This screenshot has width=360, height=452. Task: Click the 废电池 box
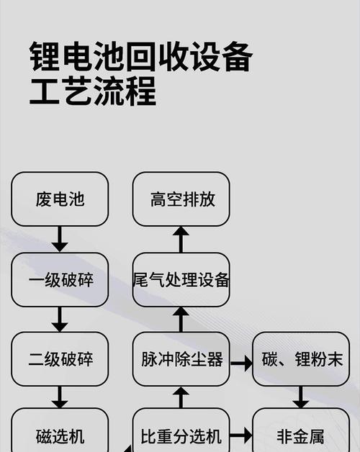coord(60,199)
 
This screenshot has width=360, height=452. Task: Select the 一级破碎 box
coord(60,279)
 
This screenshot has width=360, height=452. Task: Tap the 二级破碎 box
coord(60,359)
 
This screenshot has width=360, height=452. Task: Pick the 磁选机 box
coord(60,430)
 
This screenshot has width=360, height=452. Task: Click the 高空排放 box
coord(181,199)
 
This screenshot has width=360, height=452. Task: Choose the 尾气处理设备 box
coord(181,279)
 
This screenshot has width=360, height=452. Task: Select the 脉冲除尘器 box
coord(181,359)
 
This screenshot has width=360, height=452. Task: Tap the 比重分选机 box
coord(181,430)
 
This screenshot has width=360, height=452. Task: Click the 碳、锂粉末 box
coord(301,359)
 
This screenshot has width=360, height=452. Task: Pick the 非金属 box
coord(301,430)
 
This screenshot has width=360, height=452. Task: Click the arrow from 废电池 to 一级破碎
coord(60,239)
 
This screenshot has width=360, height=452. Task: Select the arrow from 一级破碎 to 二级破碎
coord(60,320)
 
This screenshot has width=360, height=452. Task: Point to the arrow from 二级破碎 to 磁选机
coord(60,397)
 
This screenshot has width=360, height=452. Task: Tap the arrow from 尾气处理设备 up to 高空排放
coord(181,239)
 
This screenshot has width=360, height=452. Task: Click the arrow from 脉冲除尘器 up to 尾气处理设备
coord(181,320)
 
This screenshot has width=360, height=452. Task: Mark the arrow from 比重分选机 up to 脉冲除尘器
coord(181,397)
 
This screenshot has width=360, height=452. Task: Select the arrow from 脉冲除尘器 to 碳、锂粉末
coord(241,363)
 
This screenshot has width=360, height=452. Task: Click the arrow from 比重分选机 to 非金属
coord(241,435)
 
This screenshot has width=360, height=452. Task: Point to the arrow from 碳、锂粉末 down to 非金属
coord(301,397)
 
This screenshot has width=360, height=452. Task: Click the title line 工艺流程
coord(93,91)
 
